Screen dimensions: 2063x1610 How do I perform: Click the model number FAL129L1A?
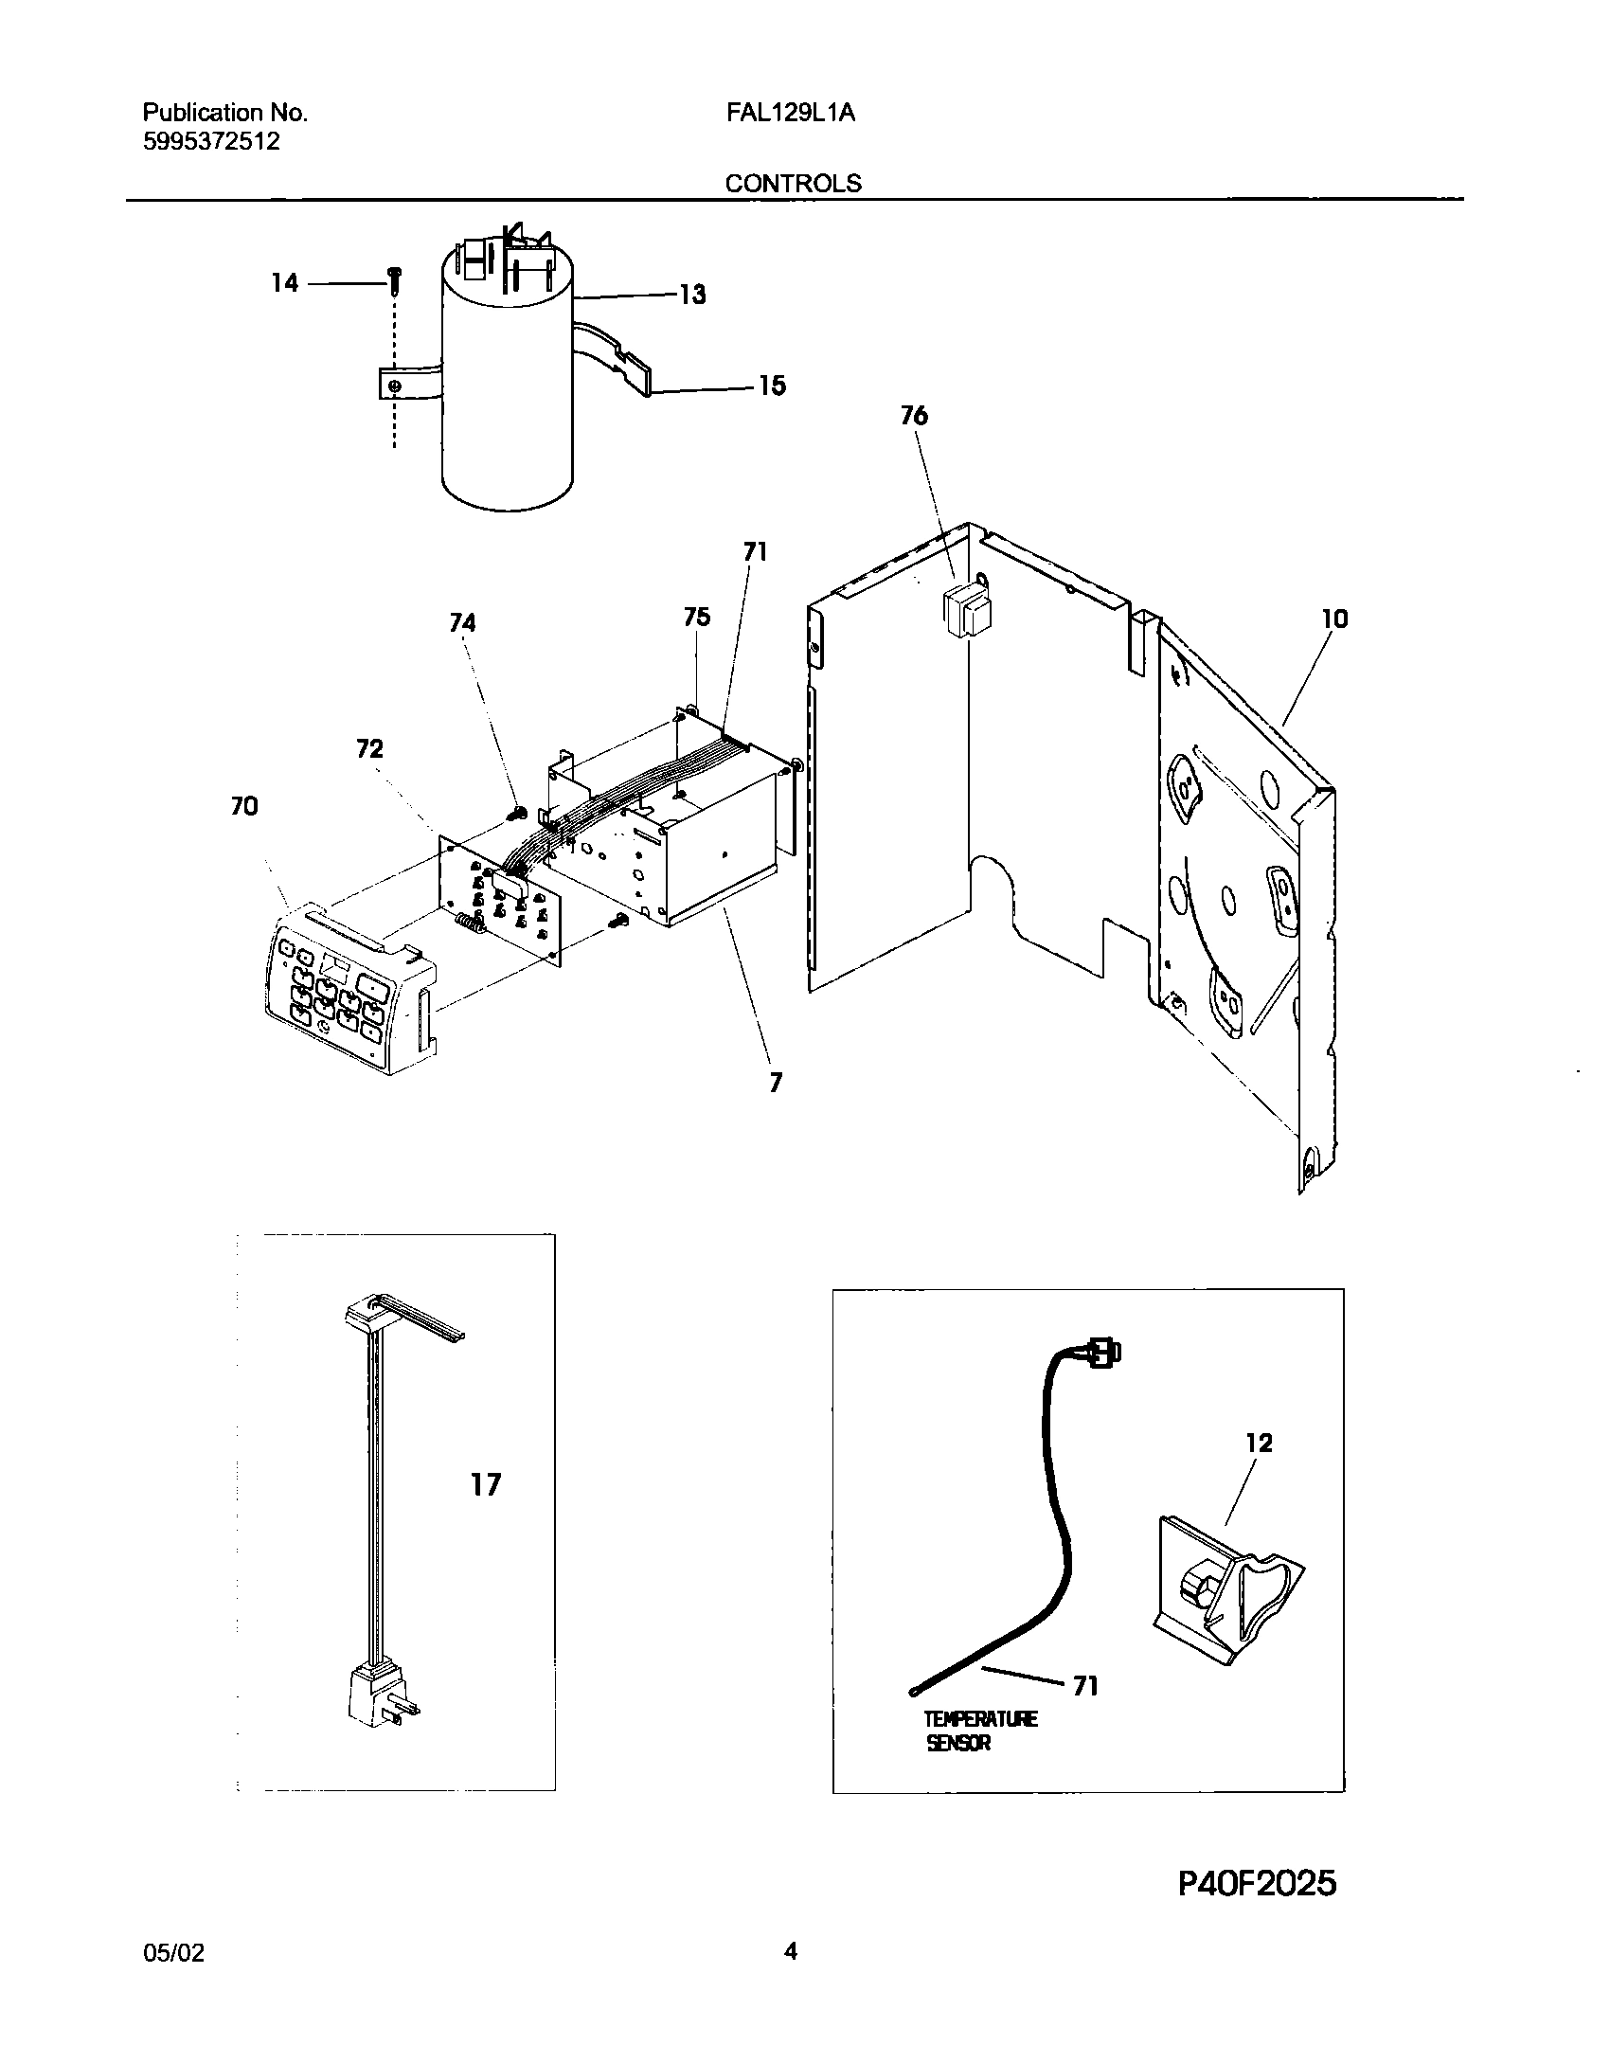pos(791,113)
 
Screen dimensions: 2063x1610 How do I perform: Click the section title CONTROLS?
pos(794,183)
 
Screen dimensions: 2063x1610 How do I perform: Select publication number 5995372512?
pos(211,142)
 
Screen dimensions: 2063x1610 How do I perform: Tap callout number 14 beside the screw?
pos(284,283)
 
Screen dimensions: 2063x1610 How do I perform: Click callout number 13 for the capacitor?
pos(692,295)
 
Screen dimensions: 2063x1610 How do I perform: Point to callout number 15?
pos(772,386)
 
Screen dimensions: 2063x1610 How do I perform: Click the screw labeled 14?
pos(396,280)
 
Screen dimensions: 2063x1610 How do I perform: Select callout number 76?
pos(914,416)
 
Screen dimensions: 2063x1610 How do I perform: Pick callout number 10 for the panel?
pos(1334,619)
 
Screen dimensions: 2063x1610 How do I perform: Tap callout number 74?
pos(462,622)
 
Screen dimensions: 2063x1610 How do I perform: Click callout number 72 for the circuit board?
pos(369,749)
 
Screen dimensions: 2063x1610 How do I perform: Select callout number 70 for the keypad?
pos(243,807)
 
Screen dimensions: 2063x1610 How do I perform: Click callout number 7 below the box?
pos(776,1083)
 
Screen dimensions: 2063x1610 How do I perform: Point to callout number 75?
pos(696,618)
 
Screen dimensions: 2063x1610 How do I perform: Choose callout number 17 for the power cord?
pos(486,1485)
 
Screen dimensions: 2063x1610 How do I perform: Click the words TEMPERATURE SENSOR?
pos(980,1731)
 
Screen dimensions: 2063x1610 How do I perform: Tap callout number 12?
pos(1259,1444)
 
